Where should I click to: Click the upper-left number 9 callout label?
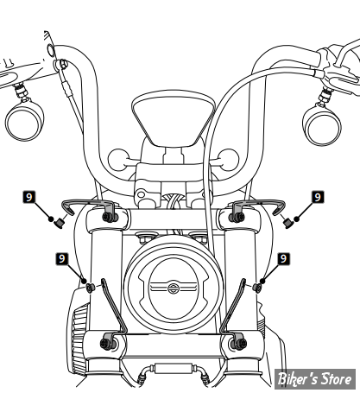click(x=28, y=197)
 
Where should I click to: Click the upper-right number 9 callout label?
click(x=318, y=197)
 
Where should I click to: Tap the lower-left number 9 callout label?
click(x=62, y=258)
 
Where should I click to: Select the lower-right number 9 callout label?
click(x=284, y=258)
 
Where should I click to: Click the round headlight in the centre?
click(x=174, y=284)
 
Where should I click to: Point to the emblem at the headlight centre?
click(x=173, y=288)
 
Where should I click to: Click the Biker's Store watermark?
click(x=315, y=379)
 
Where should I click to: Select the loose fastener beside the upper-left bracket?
click(x=60, y=223)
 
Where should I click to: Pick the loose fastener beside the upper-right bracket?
click(x=287, y=223)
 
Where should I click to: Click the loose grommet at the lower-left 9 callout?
click(x=91, y=288)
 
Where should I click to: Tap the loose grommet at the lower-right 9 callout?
click(x=257, y=288)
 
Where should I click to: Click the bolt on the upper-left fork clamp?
click(x=109, y=218)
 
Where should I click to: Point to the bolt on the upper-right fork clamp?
click(x=236, y=218)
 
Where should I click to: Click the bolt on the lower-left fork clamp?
click(x=105, y=344)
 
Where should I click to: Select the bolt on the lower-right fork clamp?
click(x=240, y=344)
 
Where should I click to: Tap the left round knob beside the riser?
click(x=118, y=160)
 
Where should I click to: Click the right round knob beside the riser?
click(x=228, y=160)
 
